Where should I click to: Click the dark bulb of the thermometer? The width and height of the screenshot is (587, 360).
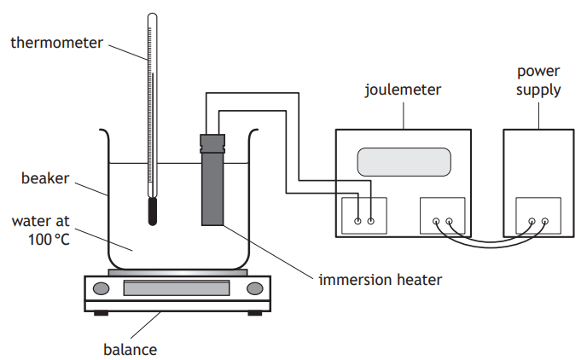pos(153,211)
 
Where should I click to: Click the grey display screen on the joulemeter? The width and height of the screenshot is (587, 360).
pos(403,161)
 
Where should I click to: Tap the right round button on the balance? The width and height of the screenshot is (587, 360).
pos(253,288)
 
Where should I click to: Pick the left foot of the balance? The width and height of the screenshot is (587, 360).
pos(102,312)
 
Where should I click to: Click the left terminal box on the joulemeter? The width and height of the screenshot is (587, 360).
pos(364,217)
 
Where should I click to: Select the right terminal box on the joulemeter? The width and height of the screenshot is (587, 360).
pos(443,217)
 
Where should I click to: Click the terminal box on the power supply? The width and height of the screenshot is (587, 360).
pos(538,217)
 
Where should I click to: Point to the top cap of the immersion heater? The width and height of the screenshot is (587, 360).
pos(212,141)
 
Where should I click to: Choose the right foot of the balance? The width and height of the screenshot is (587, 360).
pos(253,312)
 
